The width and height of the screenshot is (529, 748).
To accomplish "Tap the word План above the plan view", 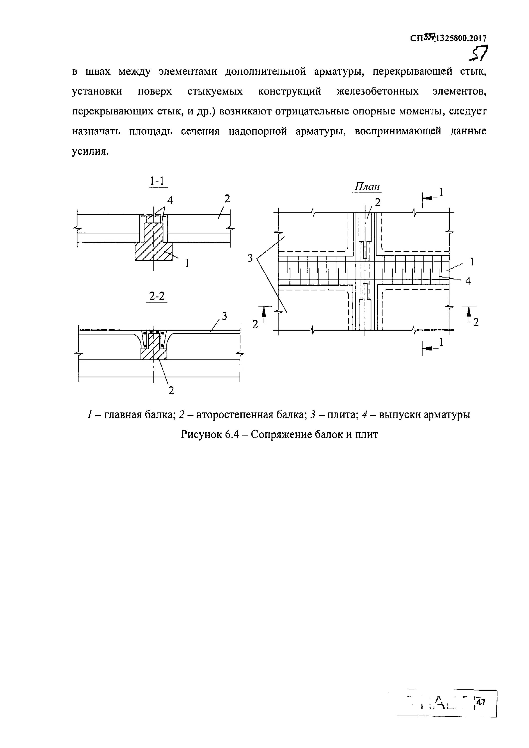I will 367,187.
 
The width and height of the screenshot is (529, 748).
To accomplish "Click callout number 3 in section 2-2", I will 224,316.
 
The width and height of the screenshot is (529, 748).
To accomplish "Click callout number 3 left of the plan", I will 250,258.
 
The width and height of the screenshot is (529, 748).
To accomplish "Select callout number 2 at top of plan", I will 378,203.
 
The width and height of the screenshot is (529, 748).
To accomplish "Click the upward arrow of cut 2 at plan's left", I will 264,313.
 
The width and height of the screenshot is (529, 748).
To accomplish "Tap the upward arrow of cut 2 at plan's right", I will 469,313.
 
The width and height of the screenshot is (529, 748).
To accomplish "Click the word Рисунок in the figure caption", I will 201,435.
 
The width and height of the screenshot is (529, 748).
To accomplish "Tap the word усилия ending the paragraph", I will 89,151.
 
